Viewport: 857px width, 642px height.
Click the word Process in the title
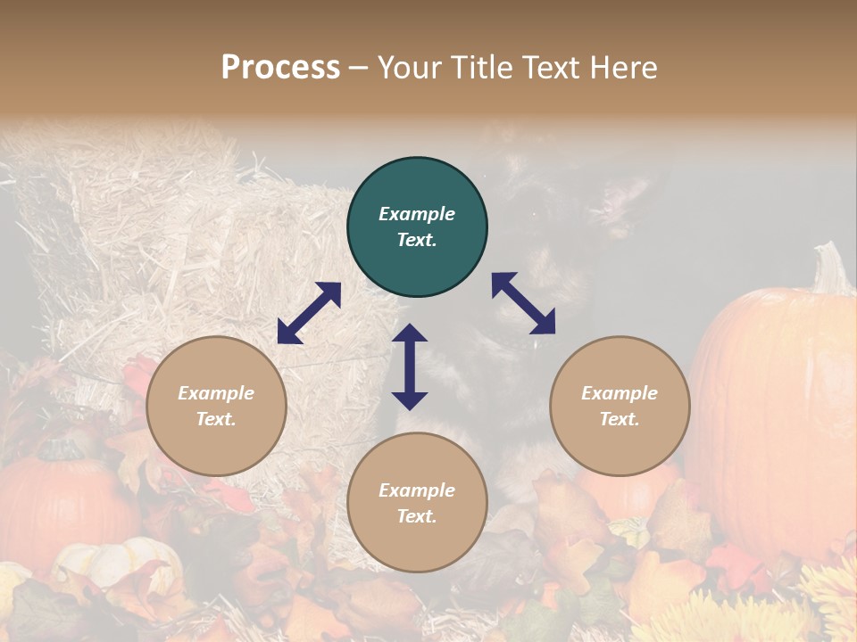pyautogui.click(x=280, y=68)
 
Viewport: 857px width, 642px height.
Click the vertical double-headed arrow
pyautogui.click(x=410, y=366)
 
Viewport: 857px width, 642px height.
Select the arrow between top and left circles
pyautogui.click(x=309, y=313)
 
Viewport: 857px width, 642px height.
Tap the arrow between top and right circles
pyautogui.click(x=523, y=303)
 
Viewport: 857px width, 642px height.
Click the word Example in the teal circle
pyautogui.click(x=417, y=214)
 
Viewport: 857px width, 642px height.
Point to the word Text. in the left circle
pyautogui.click(x=216, y=419)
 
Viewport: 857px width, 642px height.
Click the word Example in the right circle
pyautogui.click(x=620, y=393)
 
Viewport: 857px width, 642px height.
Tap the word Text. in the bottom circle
pyautogui.click(x=417, y=516)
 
